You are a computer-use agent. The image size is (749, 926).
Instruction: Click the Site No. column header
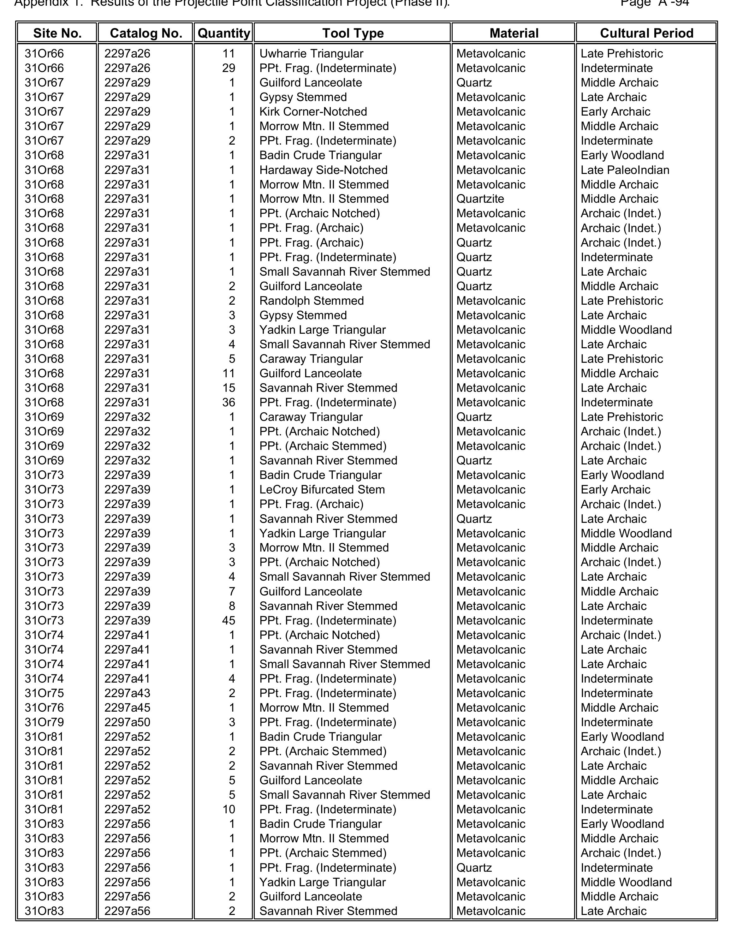[57, 33]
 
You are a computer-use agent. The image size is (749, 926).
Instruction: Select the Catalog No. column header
[146, 33]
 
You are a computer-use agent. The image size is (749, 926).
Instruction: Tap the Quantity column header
[223, 33]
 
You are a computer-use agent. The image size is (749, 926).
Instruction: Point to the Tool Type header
[353, 33]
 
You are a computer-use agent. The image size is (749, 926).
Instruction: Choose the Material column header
[514, 33]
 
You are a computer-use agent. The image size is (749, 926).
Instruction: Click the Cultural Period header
[646, 33]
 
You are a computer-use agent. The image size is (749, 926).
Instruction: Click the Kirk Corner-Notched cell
[313, 112]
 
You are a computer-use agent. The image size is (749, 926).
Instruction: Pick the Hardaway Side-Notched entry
[323, 170]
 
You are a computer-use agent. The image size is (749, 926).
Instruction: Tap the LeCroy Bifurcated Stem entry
[322, 490]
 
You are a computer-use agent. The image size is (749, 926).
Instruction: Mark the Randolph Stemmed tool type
[312, 301]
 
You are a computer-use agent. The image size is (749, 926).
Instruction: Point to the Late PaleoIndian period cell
[625, 170]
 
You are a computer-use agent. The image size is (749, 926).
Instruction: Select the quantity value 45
[228, 620]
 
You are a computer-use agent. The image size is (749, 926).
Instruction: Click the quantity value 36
[228, 403]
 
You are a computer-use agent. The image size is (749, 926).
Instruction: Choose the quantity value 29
[228, 68]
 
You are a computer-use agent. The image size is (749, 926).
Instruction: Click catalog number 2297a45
[127, 708]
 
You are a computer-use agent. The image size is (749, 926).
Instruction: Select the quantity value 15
[228, 388]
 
